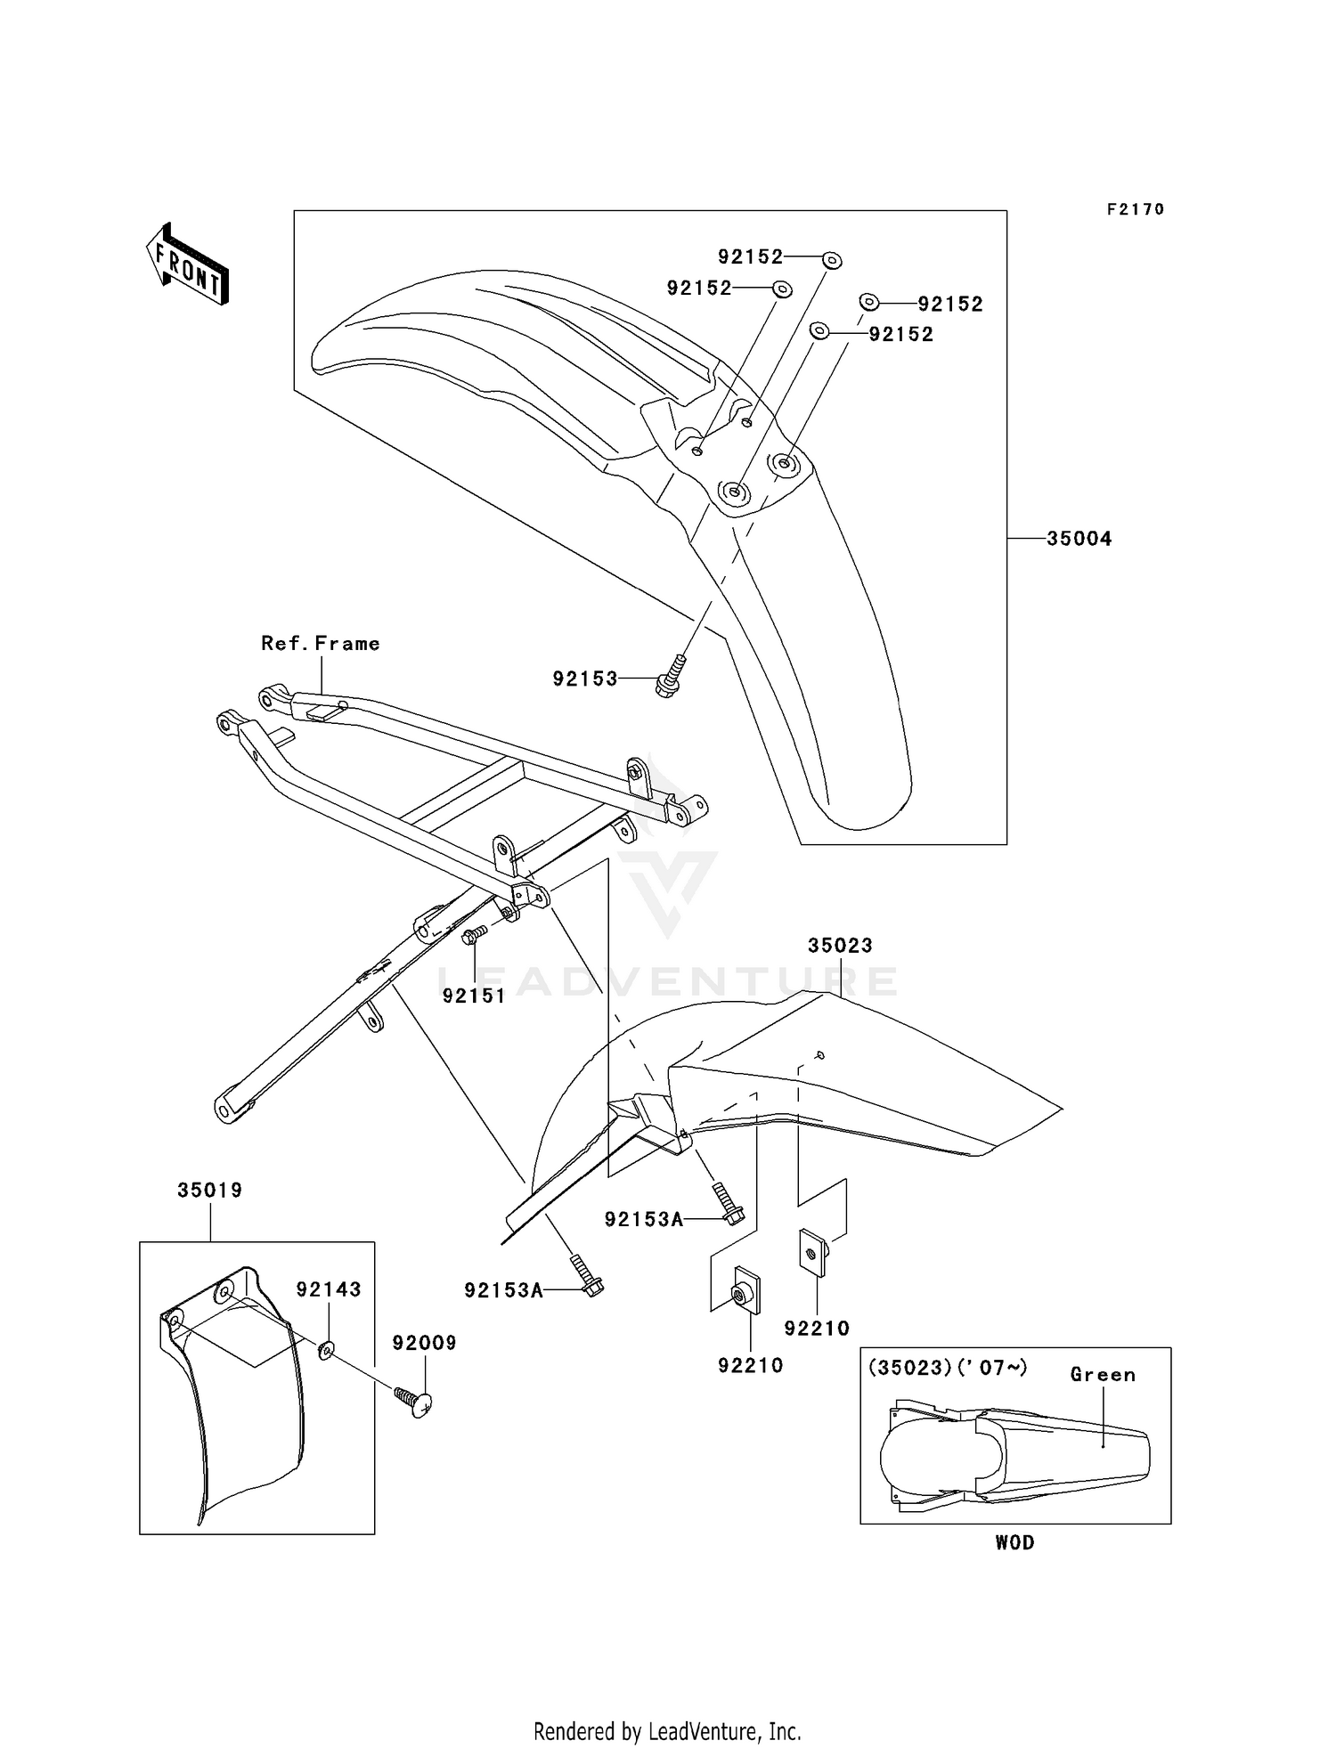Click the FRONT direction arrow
[187, 264]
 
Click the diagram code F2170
[1136, 209]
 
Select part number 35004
[1079, 539]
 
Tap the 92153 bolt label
[585, 679]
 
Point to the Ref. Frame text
[321, 644]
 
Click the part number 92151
[474, 996]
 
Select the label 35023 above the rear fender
[840, 946]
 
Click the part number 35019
[210, 1190]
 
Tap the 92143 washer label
[329, 1289]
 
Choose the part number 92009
[425, 1343]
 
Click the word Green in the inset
[1103, 1375]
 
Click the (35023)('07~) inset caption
[948, 1368]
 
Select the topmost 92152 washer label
[751, 257]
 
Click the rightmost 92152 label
[950, 305]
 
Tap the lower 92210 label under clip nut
[751, 1365]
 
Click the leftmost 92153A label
[503, 1290]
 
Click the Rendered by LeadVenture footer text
[667, 1731]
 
